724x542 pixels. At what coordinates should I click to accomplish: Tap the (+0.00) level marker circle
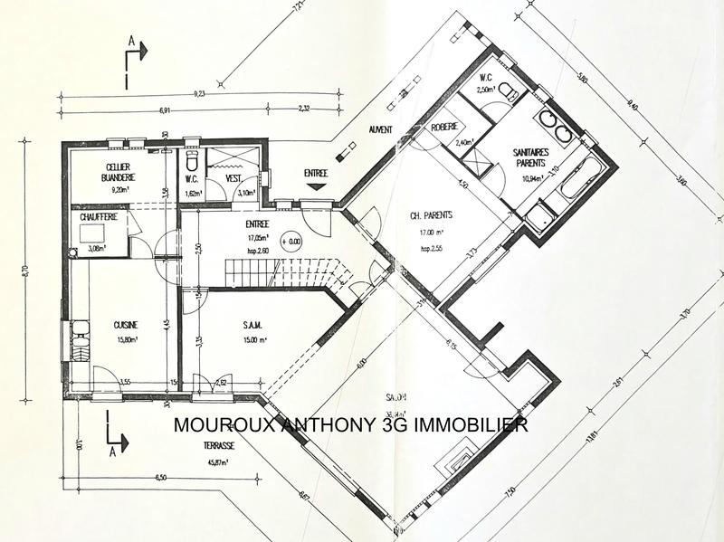point(292,242)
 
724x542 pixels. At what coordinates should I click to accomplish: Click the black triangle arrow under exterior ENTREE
point(315,186)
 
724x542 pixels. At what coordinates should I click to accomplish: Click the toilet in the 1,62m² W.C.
point(191,164)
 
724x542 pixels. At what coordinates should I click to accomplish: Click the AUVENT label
point(380,130)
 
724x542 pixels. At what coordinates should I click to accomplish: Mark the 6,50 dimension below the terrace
point(161,477)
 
